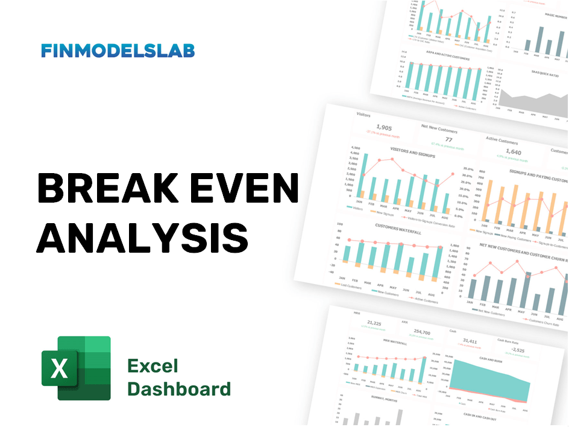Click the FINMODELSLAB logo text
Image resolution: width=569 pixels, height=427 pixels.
click(x=118, y=51)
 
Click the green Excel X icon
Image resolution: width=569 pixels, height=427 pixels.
click(x=76, y=368)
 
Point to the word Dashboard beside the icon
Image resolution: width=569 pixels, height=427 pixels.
click(x=178, y=389)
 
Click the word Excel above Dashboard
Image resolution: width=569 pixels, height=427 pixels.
click(x=152, y=365)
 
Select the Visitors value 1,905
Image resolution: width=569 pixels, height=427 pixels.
click(x=384, y=127)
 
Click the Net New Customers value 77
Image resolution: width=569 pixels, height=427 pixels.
click(x=448, y=140)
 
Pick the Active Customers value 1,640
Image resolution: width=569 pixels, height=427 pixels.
click(x=513, y=152)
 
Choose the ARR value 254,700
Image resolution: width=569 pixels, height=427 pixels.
click(x=423, y=332)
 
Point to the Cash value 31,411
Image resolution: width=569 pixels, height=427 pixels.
click(x=470, y=341)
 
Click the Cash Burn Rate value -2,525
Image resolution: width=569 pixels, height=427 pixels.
click(x=519, y=350)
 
